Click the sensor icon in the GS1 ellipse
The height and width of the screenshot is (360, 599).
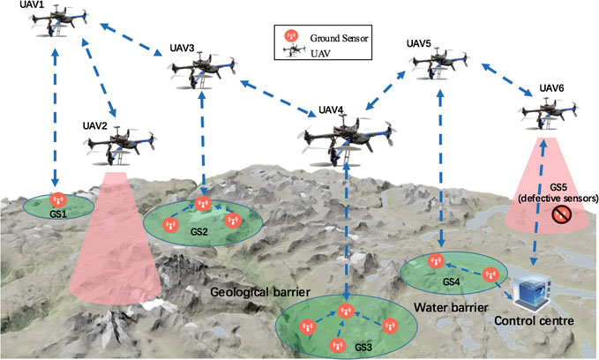pos(58,201)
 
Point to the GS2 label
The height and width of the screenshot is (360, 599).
pos(198,232)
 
